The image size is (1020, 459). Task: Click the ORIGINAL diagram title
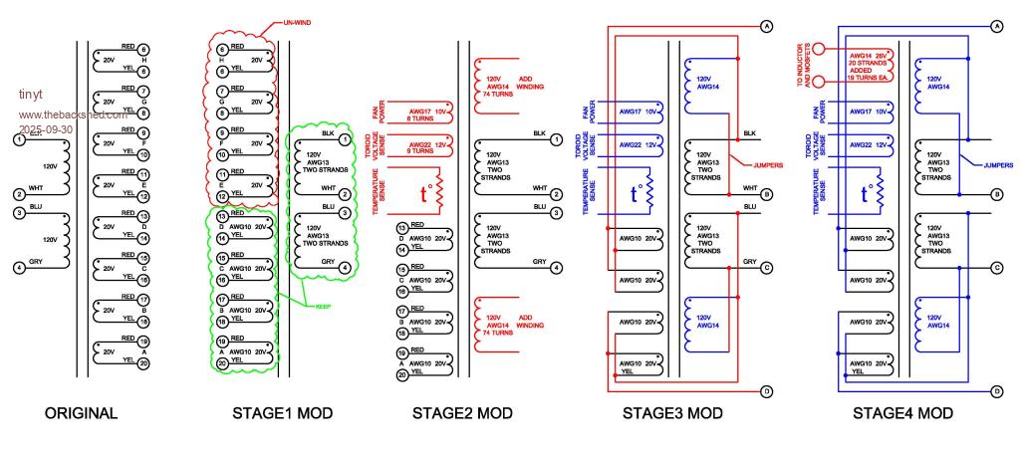[x=82, y=413]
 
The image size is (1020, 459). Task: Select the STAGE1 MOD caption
[x=282, y=413]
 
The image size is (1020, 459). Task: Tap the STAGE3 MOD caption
[x=672, y=413]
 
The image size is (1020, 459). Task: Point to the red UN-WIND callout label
[x=315, y=21]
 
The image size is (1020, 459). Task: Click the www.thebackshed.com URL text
[x=73, y=114]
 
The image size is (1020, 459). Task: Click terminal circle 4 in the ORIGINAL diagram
[x=19, y=267]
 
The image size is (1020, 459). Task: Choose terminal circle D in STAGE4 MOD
[x=997, y=392]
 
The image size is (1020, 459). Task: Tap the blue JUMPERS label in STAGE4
[x=998, y=164]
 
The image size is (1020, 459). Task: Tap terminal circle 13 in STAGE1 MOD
[x=223, y=216]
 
